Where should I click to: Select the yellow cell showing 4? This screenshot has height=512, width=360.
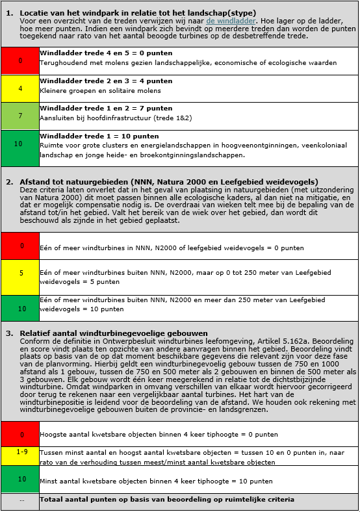coord(20,88)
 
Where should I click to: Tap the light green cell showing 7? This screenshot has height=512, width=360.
coord(20,116)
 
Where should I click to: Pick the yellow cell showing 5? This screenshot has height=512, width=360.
coord(20,274)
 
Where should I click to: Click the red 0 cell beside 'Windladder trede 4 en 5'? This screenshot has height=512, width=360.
coord(20,60)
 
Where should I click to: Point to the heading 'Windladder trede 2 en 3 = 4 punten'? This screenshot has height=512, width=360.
coord(106,81)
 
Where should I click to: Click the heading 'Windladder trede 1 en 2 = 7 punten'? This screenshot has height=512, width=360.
coord(106,109)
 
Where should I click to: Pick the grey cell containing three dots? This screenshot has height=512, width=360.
coord(20,501)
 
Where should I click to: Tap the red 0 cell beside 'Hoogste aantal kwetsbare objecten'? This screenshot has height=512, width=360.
coord(20,434)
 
